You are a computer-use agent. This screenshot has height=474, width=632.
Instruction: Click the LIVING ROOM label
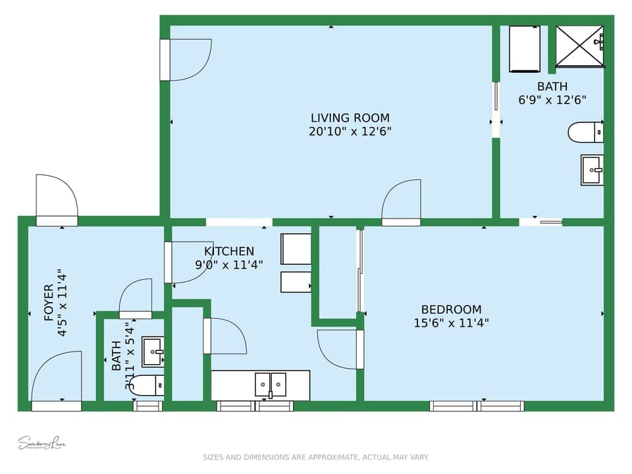(x=350, y=118)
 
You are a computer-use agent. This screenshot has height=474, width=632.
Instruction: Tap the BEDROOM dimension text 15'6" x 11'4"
(x=451, y=323)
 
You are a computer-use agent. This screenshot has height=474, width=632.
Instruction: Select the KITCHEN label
(x=228, y=251)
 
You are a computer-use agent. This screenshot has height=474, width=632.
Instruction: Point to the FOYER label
(x=49, y=302)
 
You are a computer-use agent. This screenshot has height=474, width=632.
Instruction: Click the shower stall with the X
(x=579, y=46)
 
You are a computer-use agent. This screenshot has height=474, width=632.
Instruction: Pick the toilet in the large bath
(x=585, y=132)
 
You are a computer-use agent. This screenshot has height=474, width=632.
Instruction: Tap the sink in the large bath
(x=591, y=170)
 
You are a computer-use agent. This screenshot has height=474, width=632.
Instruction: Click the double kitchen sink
(x=271, y=384)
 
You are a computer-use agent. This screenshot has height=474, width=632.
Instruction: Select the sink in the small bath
(x=153, y=352)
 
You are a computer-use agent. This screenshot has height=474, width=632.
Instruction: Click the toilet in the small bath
(x=146, y=385)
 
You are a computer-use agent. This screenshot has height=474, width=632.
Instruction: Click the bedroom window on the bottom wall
(x=477, y=406)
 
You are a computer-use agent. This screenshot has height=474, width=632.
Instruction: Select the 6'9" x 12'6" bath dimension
(x=552, y=100)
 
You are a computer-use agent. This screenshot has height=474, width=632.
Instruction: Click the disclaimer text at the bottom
(x=315, y=457)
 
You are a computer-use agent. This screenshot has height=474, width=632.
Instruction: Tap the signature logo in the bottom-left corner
(x=42, y=442)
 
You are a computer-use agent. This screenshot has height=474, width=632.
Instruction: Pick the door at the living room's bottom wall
(x=401, y=203)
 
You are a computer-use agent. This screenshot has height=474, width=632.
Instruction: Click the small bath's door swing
(x=136, y=298)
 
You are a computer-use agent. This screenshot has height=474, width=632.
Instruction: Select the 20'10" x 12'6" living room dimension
(x=350, y=132)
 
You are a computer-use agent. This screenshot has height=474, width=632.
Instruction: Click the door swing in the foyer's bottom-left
(x=57, y=377)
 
